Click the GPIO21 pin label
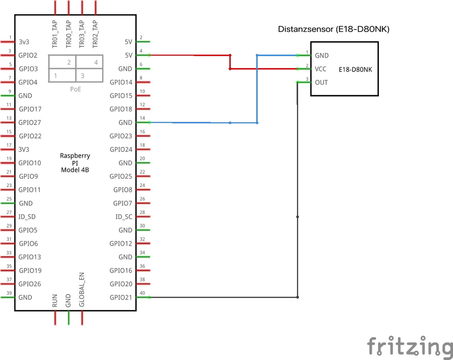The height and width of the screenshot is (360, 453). coord(121,297)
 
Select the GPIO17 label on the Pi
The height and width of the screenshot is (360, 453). coord(30,109)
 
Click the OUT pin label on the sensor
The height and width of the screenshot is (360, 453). coord(321,82)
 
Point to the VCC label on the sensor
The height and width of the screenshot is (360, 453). coord(320,69)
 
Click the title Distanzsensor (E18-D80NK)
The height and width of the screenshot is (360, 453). coord(334,29)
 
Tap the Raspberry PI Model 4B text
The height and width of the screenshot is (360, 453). coord(75,162)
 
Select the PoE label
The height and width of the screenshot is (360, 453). coord(75,89)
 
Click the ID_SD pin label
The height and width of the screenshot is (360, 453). coord(27,217)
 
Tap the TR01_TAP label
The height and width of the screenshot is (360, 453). coord(55,35)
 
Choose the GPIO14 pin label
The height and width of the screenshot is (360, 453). coord(121,82)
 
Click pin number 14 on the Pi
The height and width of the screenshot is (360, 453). coord(143,118)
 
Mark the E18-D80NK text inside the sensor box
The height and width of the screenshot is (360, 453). coord(355,69)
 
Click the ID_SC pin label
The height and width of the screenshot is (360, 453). coord(124,217)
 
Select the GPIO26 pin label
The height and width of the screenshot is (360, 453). coord(30,284)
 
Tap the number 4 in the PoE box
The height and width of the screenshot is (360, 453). coord(96,62)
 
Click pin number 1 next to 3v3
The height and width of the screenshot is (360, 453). coord(10,37)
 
